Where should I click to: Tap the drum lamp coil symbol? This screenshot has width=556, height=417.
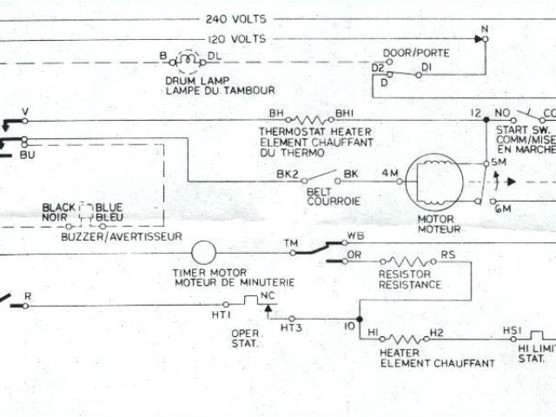188,61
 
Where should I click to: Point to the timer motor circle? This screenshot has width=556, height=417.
203,253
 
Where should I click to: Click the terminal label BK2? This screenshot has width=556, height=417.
288,175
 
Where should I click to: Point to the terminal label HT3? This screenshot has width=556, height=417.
290,328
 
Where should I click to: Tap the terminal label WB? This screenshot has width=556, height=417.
355,236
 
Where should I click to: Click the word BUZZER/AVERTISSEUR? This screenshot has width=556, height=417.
122,236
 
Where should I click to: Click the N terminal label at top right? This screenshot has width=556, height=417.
485,29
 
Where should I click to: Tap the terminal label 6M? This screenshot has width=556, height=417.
502,209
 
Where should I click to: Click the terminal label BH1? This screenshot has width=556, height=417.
345,113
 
